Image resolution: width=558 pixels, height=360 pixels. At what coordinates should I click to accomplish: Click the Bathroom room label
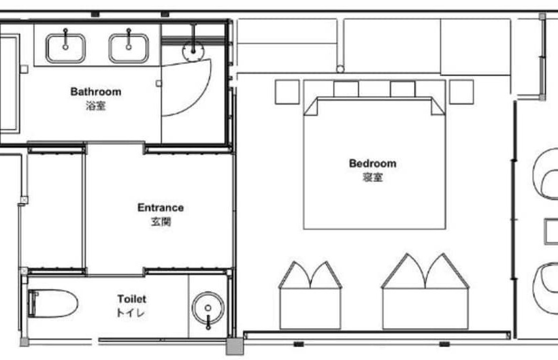tap(96, 92)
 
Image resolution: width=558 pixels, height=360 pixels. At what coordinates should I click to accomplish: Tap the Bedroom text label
tap(372, 163)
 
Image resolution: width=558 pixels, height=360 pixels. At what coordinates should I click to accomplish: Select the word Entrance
tap(161, 208)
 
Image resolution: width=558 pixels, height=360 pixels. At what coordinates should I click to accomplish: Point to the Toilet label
tap(131, 299)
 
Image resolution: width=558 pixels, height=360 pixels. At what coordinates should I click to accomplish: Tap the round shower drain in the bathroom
tap(194, 49)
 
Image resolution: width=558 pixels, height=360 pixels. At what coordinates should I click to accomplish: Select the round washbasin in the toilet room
tap(206, 308)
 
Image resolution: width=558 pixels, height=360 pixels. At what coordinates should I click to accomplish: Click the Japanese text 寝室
tap(372, 178)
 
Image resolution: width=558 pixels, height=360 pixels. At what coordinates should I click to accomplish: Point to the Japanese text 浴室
tap(96, 106)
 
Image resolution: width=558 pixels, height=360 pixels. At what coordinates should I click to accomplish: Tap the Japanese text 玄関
tap(161, 222)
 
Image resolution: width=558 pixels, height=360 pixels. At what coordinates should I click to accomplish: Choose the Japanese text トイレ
tap(131, 313)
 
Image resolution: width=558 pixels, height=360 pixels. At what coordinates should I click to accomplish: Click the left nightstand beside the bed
tap(286, 92)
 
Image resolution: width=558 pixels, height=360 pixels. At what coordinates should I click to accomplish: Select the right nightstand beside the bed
tap(461, 92)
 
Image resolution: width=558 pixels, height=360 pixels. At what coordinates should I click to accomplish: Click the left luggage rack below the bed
tap(310, 286)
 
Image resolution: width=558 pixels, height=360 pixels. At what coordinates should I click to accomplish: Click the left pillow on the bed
tap(346, 89)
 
